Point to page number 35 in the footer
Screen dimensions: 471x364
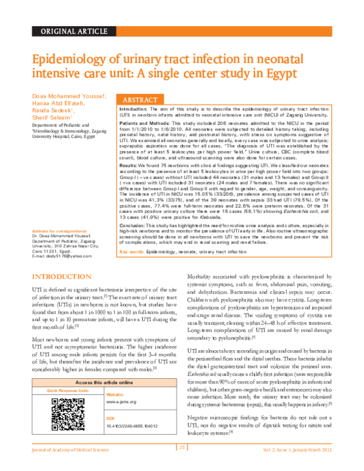(181, 464)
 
